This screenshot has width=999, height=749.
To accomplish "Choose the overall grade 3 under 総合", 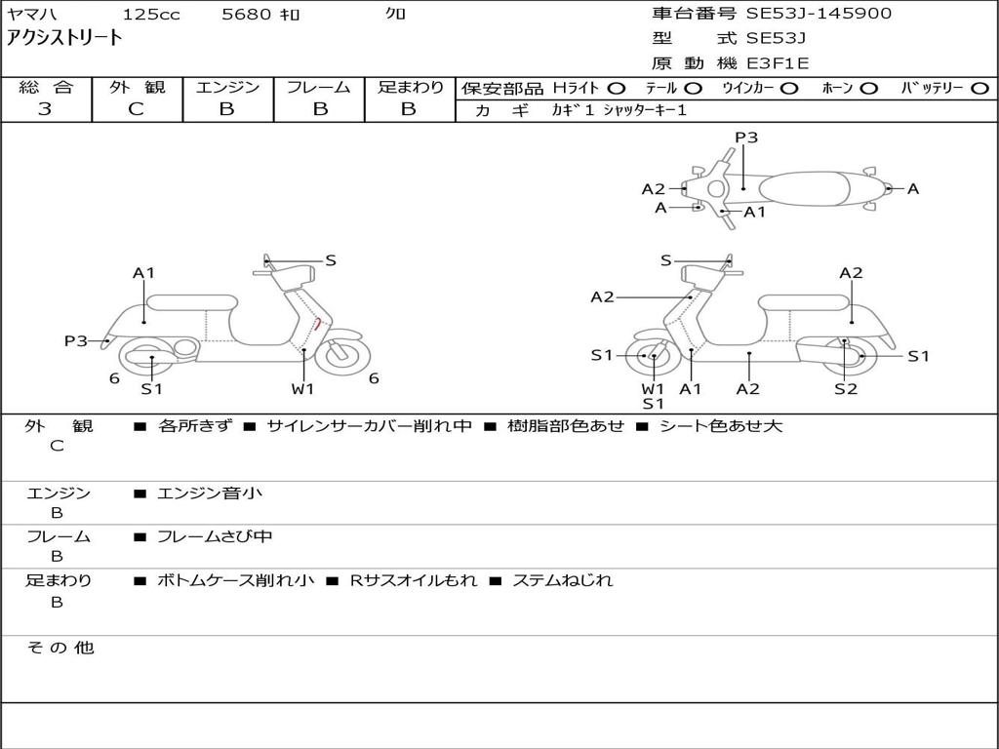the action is point(45,109).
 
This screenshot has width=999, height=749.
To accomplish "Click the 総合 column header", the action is point(46,88).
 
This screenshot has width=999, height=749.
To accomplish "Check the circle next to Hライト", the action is point(616,89).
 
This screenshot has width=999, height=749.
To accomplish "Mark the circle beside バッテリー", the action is point(980,89).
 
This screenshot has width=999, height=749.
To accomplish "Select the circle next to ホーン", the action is point(868,89).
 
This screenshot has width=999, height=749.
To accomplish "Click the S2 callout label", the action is point(845,389).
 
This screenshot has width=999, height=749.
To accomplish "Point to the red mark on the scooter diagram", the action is point(318,324).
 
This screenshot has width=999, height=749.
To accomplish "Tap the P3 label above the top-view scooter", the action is point(746,138).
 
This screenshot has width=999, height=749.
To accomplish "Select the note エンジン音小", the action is point(210,493).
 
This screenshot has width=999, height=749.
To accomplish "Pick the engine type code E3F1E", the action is point(778,63).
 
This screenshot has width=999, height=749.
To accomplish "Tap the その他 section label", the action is point(60,648).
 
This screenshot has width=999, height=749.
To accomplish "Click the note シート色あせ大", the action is point(720,426).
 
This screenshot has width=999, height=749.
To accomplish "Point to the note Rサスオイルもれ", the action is point(414,580).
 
